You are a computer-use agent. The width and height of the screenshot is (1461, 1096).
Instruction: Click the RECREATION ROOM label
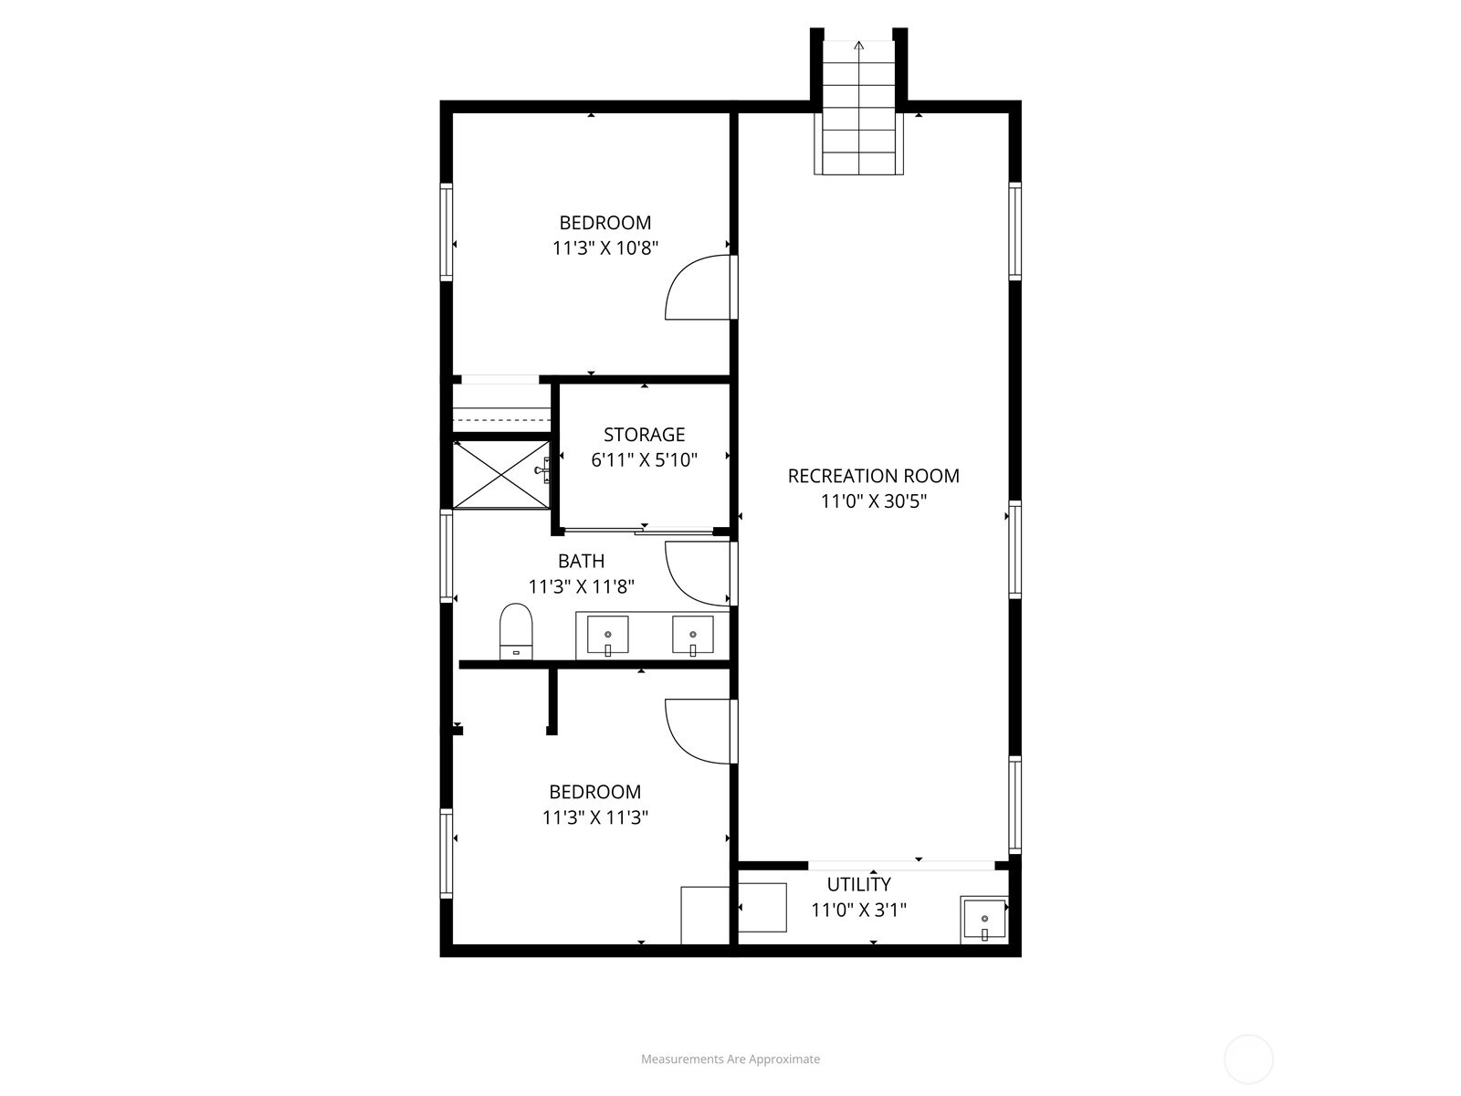click(873, 476)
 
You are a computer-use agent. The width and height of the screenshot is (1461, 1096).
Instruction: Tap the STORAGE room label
click(645, 435)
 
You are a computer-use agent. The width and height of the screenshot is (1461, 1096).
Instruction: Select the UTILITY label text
click(858, 884)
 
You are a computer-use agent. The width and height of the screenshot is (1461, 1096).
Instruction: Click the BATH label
click(581, 561)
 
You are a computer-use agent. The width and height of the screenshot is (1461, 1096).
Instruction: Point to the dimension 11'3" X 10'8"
click(605, 248)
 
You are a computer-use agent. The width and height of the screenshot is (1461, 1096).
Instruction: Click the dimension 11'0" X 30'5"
click(873, 501)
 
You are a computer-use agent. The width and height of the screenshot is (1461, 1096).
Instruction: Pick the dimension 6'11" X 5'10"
click(645, 459)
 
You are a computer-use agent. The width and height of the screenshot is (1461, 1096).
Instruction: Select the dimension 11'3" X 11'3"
click(595, 817)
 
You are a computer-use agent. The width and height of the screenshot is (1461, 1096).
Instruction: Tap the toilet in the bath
click(516, 631)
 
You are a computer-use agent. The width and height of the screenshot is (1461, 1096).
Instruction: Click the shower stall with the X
click(501, 474)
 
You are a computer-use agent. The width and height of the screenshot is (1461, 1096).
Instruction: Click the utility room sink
click(984, 920)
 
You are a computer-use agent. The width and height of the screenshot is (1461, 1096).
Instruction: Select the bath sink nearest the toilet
click(607, 635)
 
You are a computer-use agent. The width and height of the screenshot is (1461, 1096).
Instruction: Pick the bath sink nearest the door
click(692, 635)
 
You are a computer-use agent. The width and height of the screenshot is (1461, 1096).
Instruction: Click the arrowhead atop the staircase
click(858, 46)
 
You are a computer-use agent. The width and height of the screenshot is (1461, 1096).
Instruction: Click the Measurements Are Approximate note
click(730, 1059)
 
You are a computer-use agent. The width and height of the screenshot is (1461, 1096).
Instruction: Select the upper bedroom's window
click(446, 231)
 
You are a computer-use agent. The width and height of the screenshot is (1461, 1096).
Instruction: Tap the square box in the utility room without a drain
click(762, 908)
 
